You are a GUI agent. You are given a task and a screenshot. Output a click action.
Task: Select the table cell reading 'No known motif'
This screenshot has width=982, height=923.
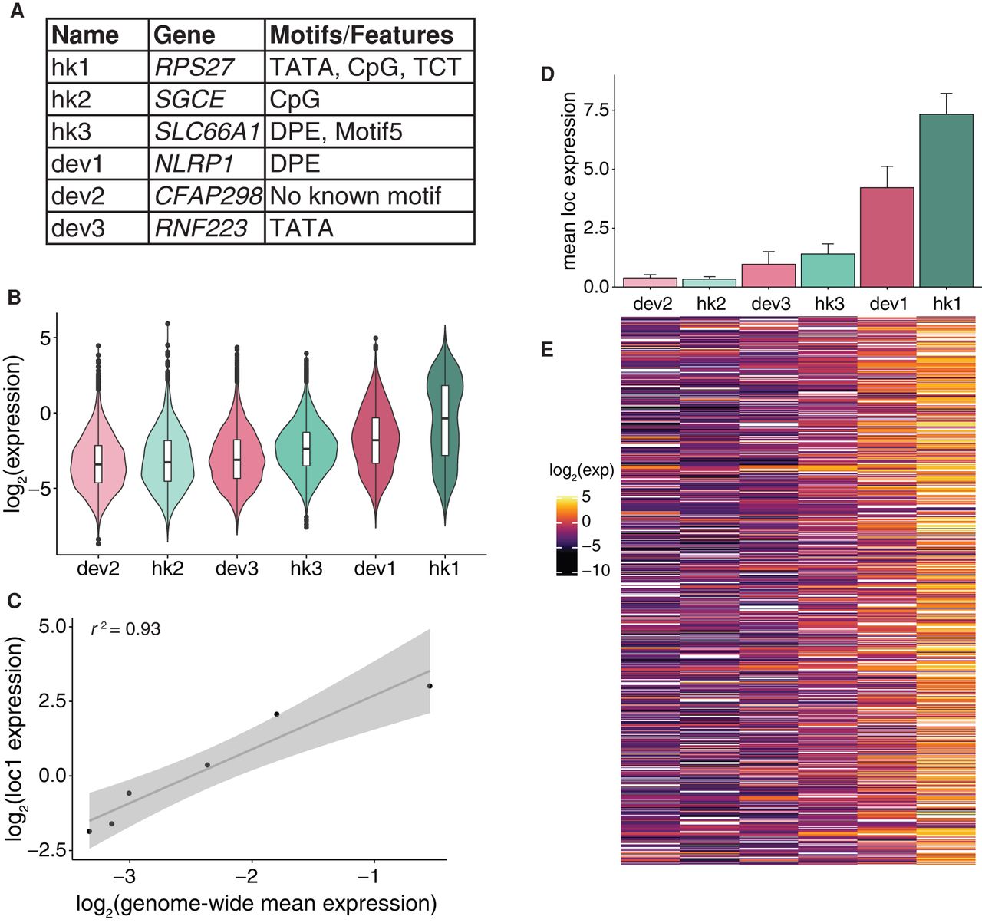click(x=355, y=196)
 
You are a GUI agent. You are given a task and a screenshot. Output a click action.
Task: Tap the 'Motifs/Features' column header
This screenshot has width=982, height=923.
click(x=361, y=35)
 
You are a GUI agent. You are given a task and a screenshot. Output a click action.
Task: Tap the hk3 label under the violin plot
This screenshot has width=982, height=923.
click(x=307, y=569)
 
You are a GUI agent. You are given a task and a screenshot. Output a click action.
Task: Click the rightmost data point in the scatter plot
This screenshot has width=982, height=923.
click(x=430, y=686)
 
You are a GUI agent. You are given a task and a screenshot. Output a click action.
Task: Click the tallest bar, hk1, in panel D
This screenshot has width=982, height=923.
click(x=947, y=199)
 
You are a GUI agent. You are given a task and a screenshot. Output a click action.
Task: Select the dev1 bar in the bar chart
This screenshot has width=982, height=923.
click(x=888, y=236)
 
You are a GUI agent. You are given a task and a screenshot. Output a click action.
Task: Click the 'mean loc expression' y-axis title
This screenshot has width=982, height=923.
click(x=568, y=181)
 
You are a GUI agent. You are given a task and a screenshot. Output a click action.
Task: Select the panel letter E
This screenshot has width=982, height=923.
click(x=547, y=351)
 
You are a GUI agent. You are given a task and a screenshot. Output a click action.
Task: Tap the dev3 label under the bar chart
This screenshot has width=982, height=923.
click(x=770, y=304)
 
